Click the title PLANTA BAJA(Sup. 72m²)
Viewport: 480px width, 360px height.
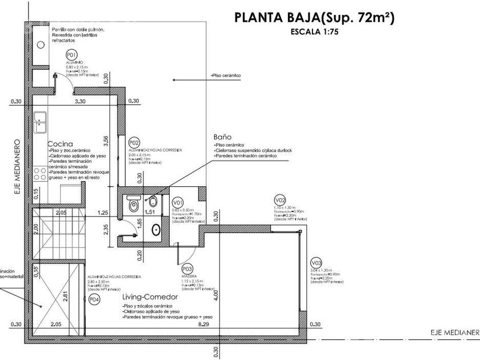(314, 17)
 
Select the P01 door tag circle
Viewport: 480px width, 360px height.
(71, 55)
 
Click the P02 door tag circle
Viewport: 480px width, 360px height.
(135, 142)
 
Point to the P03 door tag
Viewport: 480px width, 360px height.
(186, 267)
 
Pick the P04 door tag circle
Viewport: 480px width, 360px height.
(95, 299)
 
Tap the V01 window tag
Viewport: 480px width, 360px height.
(178, 202)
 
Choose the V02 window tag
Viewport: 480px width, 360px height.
(280, 200)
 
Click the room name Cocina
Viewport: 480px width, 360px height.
(59, 143)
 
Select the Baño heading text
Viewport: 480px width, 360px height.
(222, 137)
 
